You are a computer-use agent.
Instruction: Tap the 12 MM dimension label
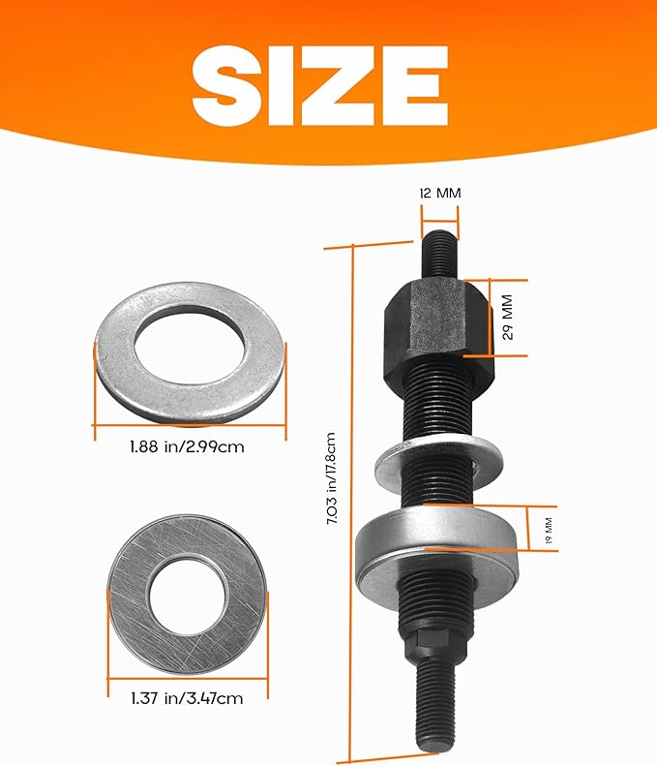(440, 193)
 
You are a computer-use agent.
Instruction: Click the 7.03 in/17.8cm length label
(334, 479)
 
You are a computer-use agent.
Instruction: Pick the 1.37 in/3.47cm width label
(188, 696)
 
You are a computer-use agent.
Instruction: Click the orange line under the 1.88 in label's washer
(190, 424)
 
